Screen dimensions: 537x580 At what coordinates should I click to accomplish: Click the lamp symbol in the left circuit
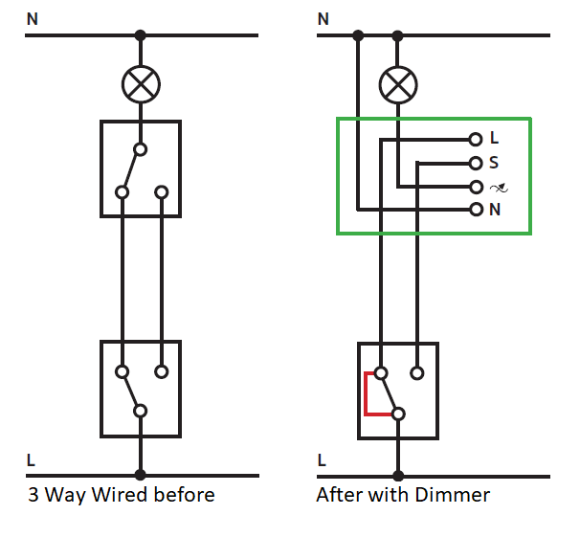[x=141, y=85]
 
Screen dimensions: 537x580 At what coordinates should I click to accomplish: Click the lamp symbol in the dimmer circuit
[x=397, y=85]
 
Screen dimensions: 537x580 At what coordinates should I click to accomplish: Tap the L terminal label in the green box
[x=494, y=139]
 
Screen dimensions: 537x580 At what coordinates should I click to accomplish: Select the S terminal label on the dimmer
[x=494, y=163]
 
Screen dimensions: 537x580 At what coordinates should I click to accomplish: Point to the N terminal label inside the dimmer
[x=495, y=210]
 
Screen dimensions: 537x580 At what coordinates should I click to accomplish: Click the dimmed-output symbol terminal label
[x=497, y=187]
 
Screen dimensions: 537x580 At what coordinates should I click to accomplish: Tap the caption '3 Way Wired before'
[x=121, y=495]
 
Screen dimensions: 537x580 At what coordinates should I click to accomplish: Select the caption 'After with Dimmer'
[x=403, y=495]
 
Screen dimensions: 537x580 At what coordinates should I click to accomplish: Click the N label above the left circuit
[x=32, y=18]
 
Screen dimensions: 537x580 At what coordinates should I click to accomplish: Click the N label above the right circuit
[x=323, y=18]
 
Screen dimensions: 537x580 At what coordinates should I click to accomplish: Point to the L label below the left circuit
[x=32, y=460]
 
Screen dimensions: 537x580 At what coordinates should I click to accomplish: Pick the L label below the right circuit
[x=322, y=460]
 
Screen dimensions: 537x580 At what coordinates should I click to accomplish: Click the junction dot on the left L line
[x=141, y=475]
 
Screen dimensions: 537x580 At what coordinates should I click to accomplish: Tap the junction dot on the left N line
[x=141, y=35]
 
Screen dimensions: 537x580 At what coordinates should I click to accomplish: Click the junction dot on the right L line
[x=398, y=475]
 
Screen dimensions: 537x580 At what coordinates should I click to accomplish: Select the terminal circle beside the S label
[x=476, y=163]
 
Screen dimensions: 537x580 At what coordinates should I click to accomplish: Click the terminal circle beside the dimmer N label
[x=476, y=210]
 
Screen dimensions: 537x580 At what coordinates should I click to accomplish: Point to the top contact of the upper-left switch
[x=141, y=149]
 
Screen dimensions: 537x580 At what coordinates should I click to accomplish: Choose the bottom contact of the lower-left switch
[x=141, y=412]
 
